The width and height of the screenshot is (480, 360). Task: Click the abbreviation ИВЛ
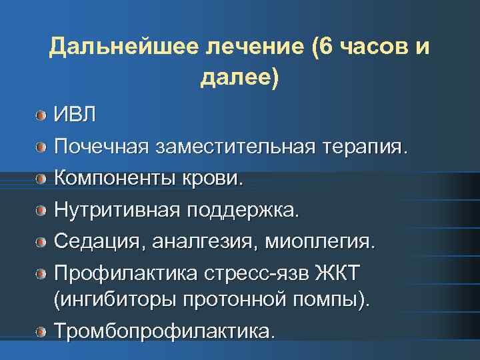75,114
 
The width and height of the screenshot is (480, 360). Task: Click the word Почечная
102,145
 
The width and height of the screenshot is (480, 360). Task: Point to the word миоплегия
317,241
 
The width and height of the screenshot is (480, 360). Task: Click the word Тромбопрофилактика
164,331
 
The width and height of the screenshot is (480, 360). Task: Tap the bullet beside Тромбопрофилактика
42,332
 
